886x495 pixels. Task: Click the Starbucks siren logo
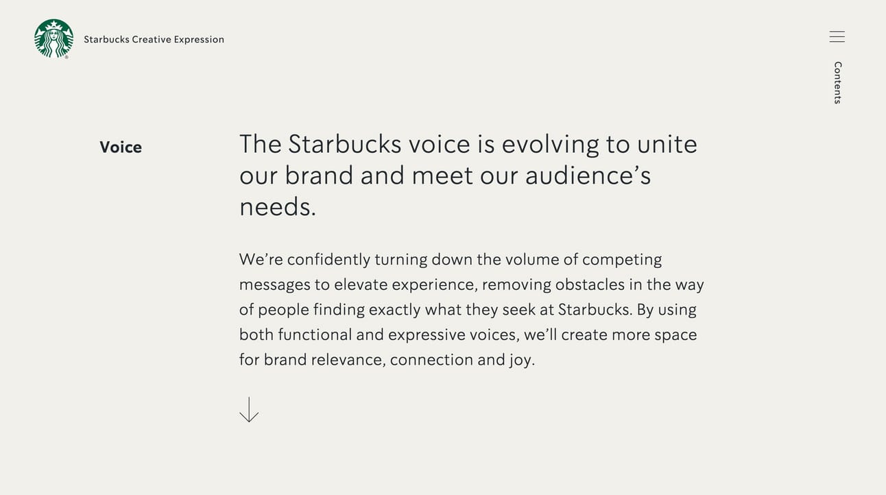(53, 39)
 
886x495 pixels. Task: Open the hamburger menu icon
(837, 36)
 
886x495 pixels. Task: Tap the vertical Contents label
(837, 83)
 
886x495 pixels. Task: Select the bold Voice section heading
(121, 147)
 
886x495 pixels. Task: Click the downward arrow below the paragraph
(249, 409)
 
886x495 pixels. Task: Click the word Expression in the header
(199, 40)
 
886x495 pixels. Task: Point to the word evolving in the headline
(550, 145)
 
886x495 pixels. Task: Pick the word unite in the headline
(667, 144)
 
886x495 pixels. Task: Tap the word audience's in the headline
(588, 176)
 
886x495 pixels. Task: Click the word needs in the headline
(274, 207)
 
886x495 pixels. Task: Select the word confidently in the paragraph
(328, 260)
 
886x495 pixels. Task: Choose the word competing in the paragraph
(622, 260)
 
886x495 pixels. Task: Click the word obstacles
(590, 285)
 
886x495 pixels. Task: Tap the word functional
(315, 335)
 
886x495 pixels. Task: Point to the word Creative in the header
(152, 40)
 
